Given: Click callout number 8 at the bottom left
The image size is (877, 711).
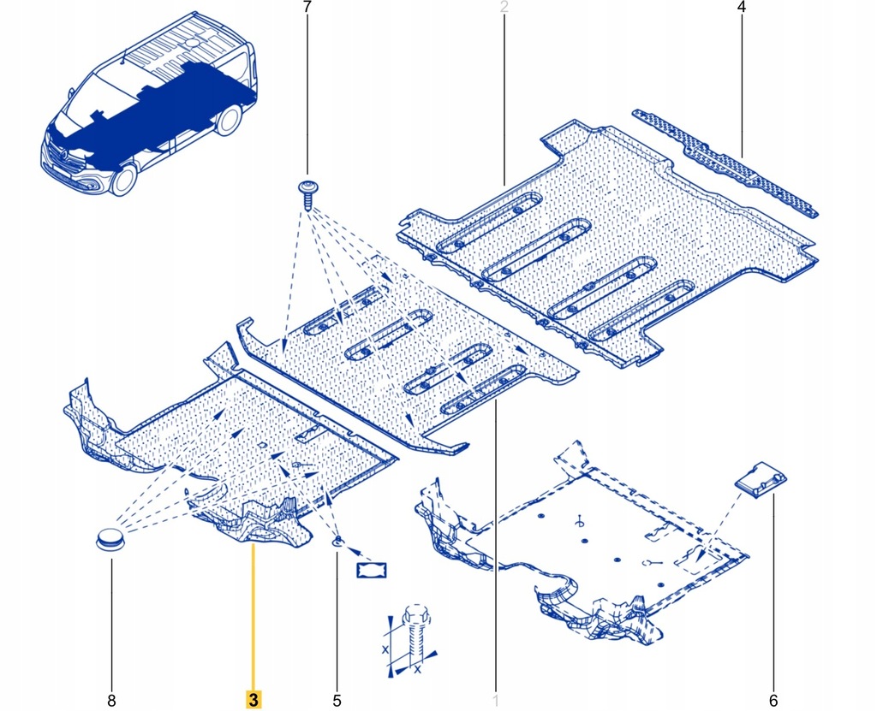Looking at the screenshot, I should pos(111,701).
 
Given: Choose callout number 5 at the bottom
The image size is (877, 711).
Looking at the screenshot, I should pos(337,701).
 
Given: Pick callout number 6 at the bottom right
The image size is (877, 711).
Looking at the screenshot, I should pos(773,701).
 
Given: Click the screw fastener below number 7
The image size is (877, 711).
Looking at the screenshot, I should pos(307,194).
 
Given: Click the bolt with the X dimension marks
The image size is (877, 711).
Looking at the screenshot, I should pos(413,634).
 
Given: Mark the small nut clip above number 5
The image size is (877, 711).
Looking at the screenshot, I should pos(337,540).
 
